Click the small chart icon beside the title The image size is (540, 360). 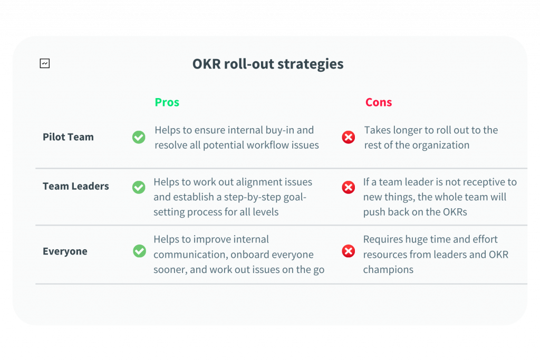45,64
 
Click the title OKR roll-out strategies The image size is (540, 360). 268,64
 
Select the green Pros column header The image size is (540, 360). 167,102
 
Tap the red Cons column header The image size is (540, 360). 379,102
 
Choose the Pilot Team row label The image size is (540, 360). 68,137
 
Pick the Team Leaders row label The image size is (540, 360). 76,186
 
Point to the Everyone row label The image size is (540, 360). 65,251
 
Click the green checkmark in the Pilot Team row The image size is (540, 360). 139,138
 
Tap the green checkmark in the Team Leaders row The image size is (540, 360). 139,187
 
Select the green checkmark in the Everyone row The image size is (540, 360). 139,251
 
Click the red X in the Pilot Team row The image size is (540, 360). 349,138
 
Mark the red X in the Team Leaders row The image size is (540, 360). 349,187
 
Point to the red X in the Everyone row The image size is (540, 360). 349,251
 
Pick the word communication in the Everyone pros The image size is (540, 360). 203,255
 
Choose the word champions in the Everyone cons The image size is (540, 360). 388,270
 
